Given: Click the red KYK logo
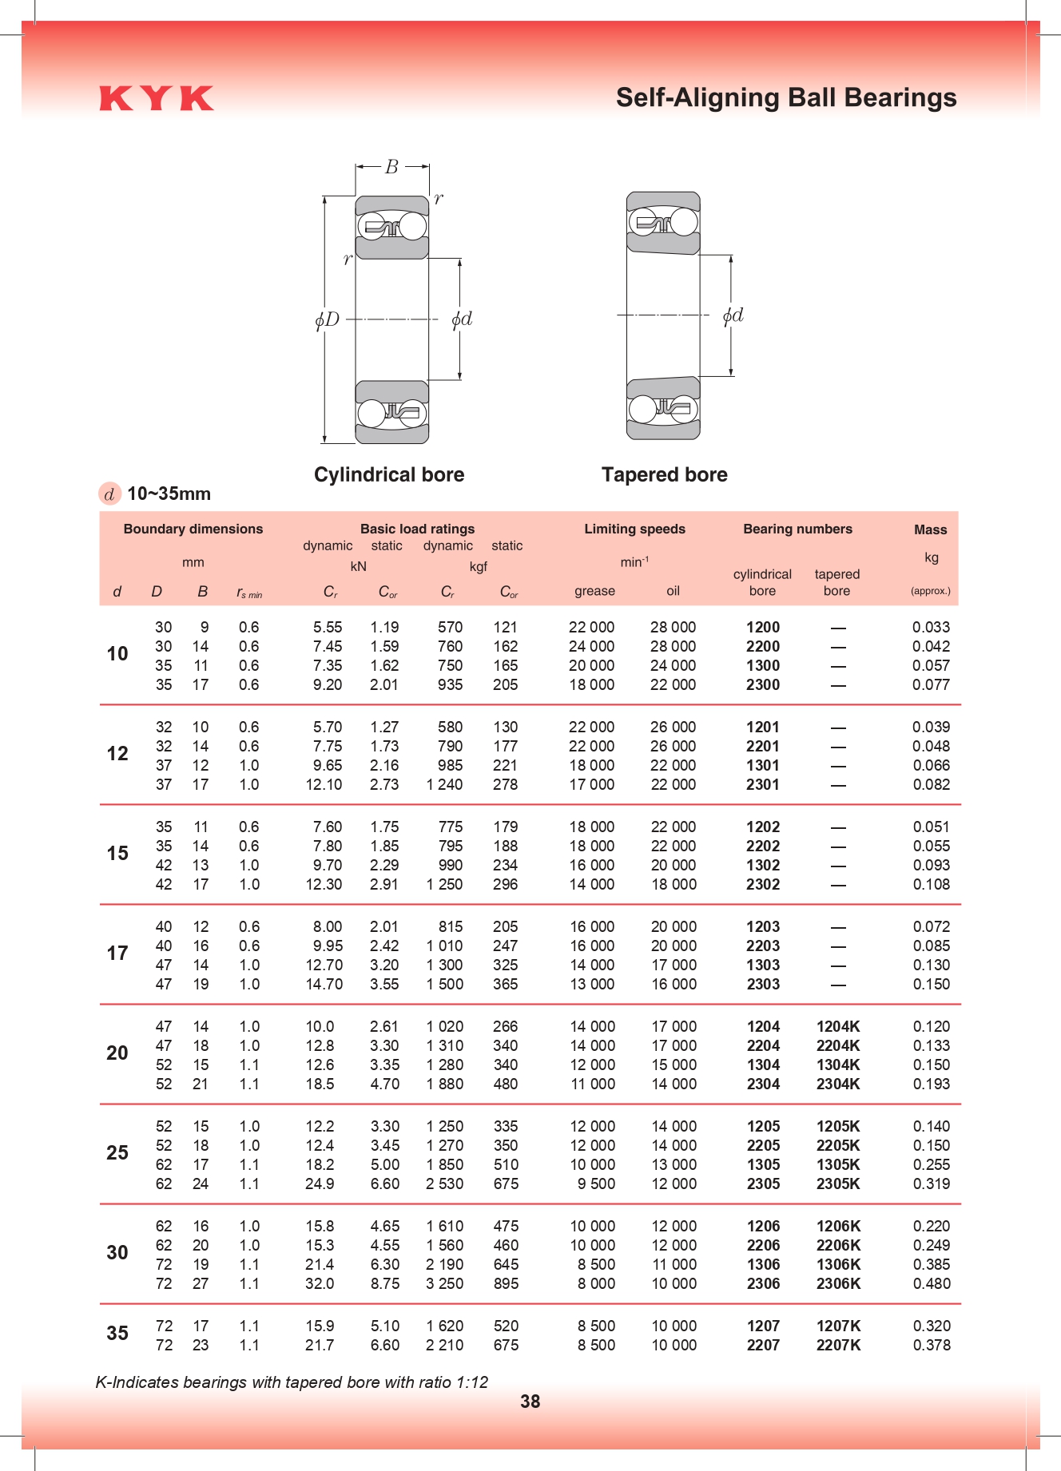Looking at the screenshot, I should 157,98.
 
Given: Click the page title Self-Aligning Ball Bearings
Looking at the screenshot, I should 785,97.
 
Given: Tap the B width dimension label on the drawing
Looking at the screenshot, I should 391,167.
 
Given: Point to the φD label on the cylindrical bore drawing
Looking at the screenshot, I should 328,320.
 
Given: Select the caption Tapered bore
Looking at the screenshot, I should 664,474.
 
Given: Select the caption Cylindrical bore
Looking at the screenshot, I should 389,474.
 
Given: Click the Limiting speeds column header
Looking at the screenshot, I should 634,529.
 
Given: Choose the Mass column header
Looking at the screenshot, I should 930,529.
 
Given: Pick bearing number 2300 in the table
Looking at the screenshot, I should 763,684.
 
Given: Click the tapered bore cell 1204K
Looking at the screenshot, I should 838,1026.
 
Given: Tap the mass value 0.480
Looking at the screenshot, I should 932,1283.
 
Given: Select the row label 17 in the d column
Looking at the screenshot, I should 117,953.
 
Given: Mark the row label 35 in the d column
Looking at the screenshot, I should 117,1333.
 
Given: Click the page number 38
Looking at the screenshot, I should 530,1402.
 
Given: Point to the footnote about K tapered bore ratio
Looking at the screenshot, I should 292,1382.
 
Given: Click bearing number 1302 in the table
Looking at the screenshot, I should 763,865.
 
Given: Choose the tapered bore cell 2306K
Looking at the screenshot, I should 838,1283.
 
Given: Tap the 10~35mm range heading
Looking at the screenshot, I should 169,494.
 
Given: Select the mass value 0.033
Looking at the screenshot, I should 931,627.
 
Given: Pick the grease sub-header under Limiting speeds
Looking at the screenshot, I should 594,591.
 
